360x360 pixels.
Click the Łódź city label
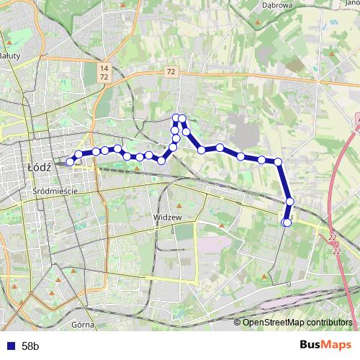(37, 166)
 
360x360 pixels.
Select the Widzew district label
(165, 215)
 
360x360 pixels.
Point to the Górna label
(84, 325)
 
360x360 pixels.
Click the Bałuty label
(9, 55)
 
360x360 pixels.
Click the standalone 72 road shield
(170, 71)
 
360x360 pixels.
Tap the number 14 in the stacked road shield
(104, 67)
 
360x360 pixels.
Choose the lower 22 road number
(336, 251)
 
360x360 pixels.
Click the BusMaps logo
(326, 345)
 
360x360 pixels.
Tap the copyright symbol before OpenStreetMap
(238, 322)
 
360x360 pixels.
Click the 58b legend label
(30, 346)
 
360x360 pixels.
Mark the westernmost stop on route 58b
(71, 162)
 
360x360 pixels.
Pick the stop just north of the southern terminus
(290, 202)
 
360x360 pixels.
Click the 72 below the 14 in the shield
(104, 76)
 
